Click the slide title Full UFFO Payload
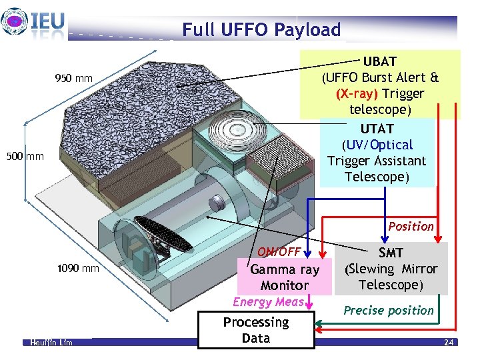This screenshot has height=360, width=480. click(x=261, y=29)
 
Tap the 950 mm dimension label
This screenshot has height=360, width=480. click(x=73, y=80)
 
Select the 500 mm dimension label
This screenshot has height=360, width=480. click(x=26, y=157)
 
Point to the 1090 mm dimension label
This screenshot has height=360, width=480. click(x=78, y=269)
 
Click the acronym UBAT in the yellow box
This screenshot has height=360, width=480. click(x=379, y=61)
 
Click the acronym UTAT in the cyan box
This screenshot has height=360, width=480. click(x=377, y=128)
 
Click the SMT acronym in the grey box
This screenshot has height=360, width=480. click(x=391, y=253)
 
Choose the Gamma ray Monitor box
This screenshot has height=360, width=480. click(x=285, y=277)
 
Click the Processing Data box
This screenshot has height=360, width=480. click(x=256, y=330)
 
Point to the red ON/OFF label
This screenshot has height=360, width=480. click(x=279, y=252)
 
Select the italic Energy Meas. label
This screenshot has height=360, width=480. click(x=269, y=302)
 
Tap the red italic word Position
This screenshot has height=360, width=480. click(x=411, y=226)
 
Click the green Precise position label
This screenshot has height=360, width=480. click(x=389, y=310)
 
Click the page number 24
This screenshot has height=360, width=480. click(x=448, y=342)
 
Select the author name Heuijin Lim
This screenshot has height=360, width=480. click(x=51, y=342)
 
